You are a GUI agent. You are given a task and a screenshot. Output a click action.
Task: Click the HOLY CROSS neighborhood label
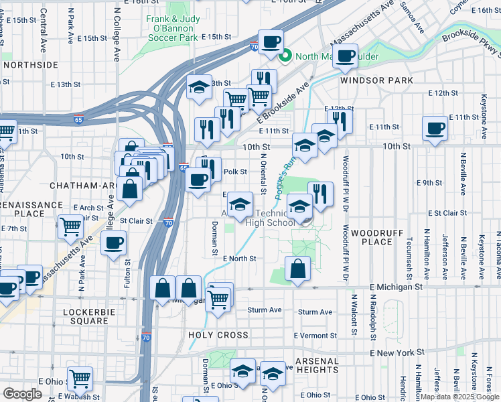coord(218,335)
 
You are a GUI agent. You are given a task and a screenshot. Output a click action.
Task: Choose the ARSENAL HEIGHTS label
coord(309,364)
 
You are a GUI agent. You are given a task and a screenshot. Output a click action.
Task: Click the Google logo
coord(22,394)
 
